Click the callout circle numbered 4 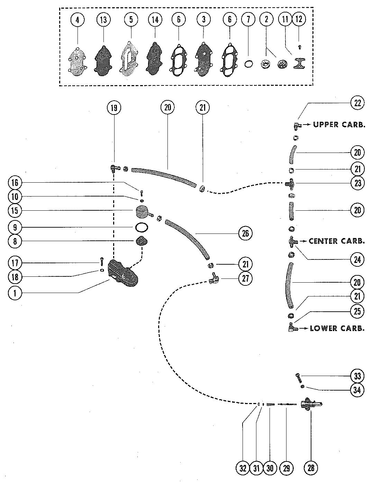click(78, 20)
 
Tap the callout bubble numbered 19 click(114, 108)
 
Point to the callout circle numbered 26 click(245, 234)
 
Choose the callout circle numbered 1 click(15, 293)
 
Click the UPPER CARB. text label click(339, 125)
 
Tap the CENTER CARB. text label click(336, 241)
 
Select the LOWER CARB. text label click(337, 328)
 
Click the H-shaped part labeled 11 click(299, 64)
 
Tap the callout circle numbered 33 click(357, 376)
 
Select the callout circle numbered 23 click(357, 183)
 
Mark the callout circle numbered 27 click(245, 278)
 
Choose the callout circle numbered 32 click(243, 468)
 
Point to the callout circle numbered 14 click(155, 20)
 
